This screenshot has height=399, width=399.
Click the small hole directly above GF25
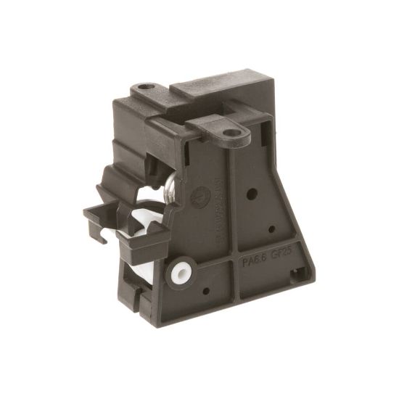click(271, 229)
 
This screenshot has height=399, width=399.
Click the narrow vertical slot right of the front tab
click(252, 146)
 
